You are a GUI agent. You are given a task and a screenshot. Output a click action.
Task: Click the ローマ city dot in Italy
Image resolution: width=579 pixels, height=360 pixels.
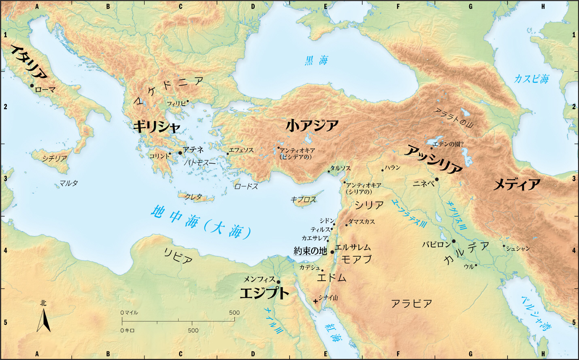coord(32,85)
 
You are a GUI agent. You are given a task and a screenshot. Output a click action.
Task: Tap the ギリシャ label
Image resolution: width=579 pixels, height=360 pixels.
coord(157,127)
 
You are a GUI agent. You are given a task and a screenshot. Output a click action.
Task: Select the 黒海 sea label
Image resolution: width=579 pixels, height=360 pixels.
coord(316,61)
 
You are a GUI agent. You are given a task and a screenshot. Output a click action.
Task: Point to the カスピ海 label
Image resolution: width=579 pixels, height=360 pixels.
coord(531,79)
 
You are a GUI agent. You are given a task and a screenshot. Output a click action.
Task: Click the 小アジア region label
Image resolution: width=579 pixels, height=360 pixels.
coord(312,126)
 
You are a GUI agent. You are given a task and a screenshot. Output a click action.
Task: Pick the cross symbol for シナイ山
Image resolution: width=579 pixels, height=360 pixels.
coord(315,301)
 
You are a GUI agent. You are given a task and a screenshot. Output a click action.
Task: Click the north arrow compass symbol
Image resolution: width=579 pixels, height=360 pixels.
coord(44,320)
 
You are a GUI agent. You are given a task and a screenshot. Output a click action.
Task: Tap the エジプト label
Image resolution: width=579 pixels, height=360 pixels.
coord(264,293)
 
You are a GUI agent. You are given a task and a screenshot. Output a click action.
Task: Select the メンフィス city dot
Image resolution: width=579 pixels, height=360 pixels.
coord(278,282)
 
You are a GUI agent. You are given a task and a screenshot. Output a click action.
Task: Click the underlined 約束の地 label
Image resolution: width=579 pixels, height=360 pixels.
coord(310,251)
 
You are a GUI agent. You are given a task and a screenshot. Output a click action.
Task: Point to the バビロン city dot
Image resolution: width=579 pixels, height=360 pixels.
coord(453,241)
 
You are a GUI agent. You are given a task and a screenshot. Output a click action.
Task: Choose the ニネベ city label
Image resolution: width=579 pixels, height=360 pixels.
coord(423,183)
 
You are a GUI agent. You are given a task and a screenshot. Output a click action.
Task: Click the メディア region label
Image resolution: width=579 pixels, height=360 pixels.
coord(517,185)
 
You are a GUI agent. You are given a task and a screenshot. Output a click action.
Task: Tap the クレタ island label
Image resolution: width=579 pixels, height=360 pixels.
coord(193,197)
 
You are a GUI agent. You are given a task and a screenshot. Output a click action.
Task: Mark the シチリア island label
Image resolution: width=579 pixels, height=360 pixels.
coord(54,158)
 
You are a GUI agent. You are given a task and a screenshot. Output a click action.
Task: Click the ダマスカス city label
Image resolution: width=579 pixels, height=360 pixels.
coord(362,222)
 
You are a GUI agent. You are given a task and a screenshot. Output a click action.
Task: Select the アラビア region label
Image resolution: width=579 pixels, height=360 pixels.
coord(411,303)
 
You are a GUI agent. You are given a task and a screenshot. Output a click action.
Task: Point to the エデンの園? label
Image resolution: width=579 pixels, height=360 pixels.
coord(448,144)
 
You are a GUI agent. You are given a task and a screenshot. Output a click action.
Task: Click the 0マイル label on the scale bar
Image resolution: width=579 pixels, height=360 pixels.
coord(129,313)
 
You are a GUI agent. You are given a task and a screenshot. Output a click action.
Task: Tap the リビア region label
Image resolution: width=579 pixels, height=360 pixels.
coord(178,256)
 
